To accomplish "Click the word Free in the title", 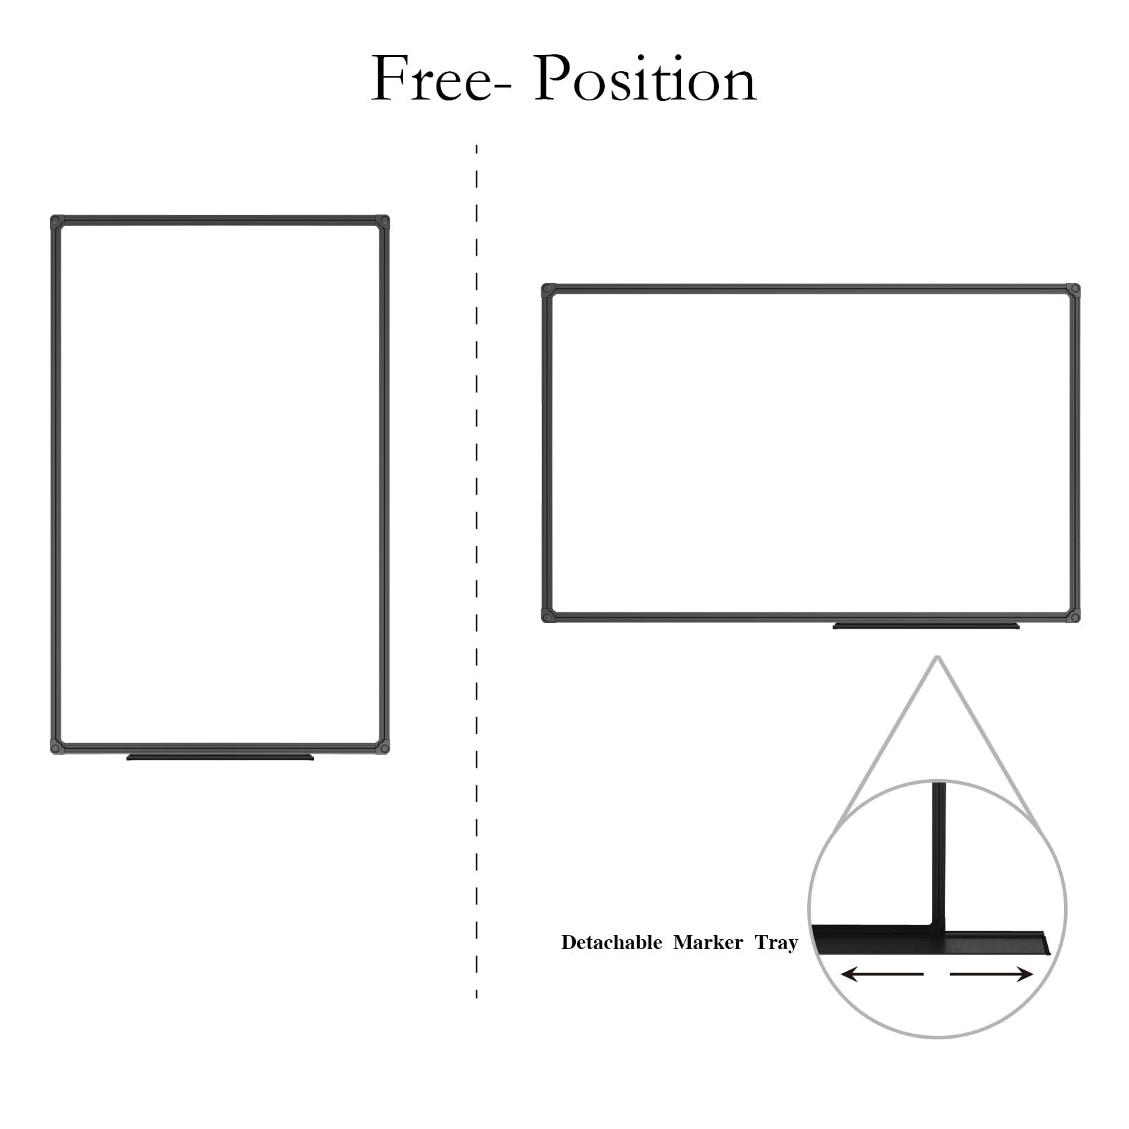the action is coord(430,79).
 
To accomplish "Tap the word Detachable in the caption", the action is coord(611,943).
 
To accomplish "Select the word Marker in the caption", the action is coord(708,943).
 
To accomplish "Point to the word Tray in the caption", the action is coord(775,943).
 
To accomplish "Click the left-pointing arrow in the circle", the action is coord(882,974).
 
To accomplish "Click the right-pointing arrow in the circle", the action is coord(991,974).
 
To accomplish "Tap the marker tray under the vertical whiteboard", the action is coord(219,757).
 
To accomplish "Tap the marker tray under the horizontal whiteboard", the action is coord(926,626).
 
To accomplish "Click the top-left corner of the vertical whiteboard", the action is coord(57,222).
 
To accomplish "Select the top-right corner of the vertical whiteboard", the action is coord(382,222).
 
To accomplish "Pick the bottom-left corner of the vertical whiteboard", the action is coord(57,747).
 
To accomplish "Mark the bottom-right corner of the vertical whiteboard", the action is coord(382,747).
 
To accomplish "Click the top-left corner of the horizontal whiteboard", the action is coord(548,290).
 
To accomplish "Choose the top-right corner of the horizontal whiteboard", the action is coord(1073,290).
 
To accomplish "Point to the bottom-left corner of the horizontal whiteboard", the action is coord(548,616).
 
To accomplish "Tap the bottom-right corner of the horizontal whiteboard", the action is coord(1073,616).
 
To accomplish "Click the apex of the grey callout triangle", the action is coord(937,658).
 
